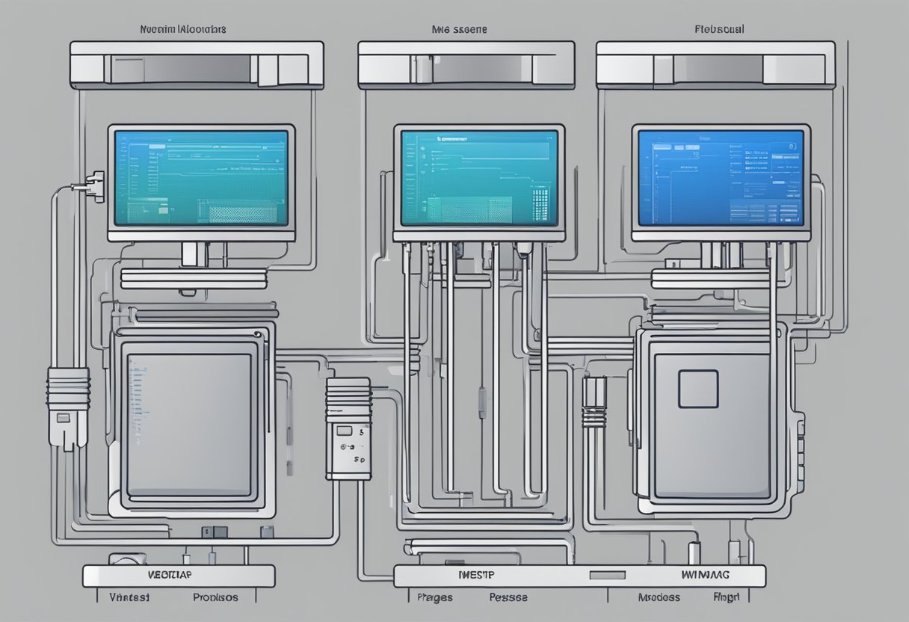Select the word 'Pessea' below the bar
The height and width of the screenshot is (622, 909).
[x=508, y=597]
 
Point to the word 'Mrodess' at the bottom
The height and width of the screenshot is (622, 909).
[x=659, y=597]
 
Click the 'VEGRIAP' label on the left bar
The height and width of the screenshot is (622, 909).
[x=164, y=576]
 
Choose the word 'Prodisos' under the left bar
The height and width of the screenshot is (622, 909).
[x=215, y=597]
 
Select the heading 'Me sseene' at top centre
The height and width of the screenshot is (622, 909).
[x=459, y=29]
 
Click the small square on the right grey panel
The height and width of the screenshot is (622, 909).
[x=698, y=389]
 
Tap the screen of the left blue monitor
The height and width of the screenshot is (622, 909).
[x=201, y=178]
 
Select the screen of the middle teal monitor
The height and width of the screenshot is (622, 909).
[x=479, y=178]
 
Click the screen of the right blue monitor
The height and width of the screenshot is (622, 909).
[x=721, y=178]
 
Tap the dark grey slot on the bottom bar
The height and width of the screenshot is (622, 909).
[x=606, y=576]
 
